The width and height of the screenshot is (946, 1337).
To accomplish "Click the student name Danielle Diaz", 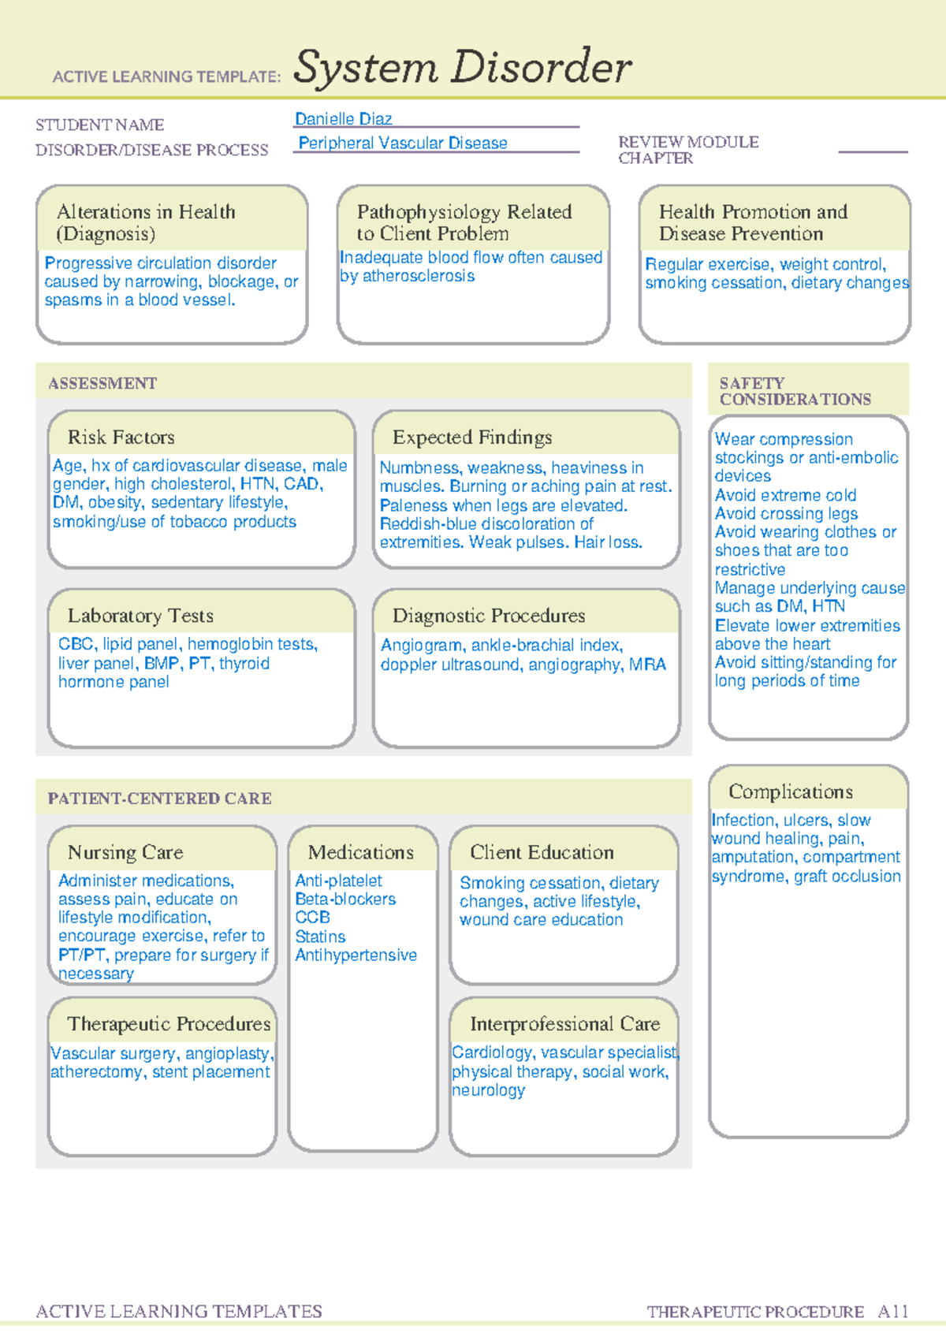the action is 343,119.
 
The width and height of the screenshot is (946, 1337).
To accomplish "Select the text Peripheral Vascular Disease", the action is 403,143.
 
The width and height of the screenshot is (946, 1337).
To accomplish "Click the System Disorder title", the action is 462,67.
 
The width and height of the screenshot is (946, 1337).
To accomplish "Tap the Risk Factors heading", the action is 121,438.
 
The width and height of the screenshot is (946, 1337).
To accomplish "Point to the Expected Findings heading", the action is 472,438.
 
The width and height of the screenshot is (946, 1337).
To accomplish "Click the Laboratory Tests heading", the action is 140,616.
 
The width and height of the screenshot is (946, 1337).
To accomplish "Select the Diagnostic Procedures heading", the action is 489,616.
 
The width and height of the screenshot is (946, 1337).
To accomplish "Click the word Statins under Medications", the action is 320,937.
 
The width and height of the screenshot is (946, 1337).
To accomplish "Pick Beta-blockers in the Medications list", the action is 345,899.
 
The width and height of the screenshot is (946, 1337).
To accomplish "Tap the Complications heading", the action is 790,791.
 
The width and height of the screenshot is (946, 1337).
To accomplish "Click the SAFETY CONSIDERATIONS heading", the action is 795,392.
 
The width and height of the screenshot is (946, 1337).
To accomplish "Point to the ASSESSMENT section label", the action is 102,384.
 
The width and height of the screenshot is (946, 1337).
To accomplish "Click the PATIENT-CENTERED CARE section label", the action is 159,799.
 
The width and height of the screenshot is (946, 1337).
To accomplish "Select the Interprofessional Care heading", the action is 564,1024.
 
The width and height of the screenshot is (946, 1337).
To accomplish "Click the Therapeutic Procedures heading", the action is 169,1024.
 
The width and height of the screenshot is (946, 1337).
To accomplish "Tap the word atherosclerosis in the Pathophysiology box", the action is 418,277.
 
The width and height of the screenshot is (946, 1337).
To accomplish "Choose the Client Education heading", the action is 542,852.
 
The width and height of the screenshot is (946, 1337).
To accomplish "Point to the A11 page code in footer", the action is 893,1312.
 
